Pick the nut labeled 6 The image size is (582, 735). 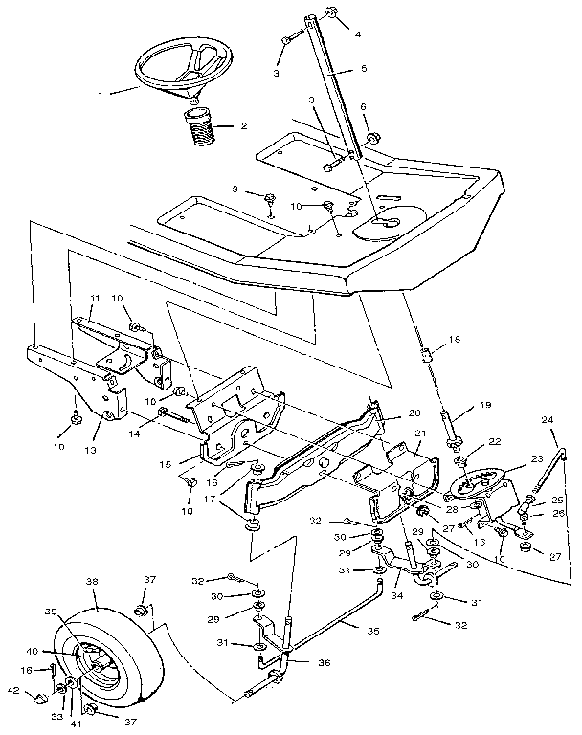pos(370,138)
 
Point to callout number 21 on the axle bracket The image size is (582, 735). pos(419,434)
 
